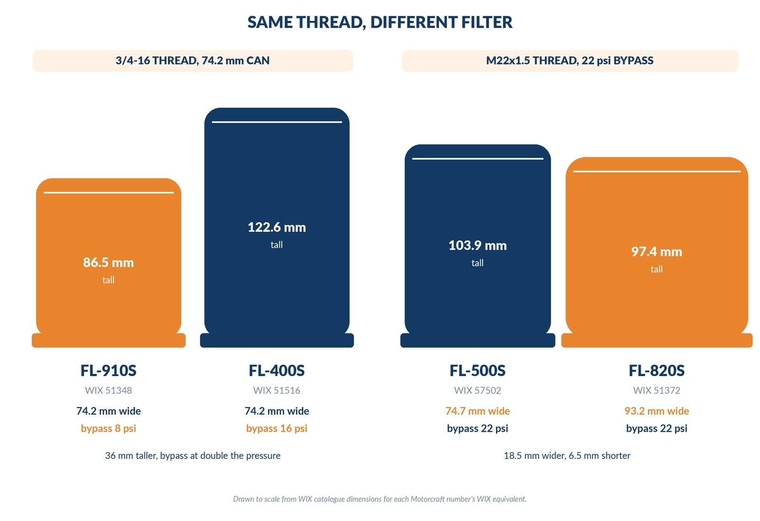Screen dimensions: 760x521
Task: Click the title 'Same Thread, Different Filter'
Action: coord(380,22)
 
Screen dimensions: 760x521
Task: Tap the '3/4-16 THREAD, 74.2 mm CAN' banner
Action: coord(193,61)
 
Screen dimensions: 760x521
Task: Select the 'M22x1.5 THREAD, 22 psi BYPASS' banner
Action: coord(570,61)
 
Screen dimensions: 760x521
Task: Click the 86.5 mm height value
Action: coord(109,262)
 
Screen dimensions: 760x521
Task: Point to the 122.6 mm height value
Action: coord(277,227)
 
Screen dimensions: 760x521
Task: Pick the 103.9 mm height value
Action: coord(478,245)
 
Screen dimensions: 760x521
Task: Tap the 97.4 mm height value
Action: coord(656,252)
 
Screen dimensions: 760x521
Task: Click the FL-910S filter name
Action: coord(109,370)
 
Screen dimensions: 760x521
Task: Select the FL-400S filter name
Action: coord(277,370)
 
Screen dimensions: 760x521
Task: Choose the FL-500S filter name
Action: coord(478,370)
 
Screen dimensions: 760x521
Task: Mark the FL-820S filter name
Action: coord(656,370)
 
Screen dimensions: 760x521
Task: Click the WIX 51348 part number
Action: coord(109,390)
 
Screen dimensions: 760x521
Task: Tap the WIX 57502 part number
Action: coord(478,390)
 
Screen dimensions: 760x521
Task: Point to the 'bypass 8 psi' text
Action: coord(109,428)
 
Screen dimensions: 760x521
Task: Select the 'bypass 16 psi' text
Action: coord(277,428)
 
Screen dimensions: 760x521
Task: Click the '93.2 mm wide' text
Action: coord(656,411)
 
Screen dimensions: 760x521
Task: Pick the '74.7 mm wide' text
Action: coord(478,411)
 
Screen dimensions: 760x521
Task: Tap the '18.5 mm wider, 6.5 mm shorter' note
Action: coord(567,455)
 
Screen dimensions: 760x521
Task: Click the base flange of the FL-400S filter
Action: coord(277,340)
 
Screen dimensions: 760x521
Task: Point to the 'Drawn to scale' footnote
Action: coord(380,499)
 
